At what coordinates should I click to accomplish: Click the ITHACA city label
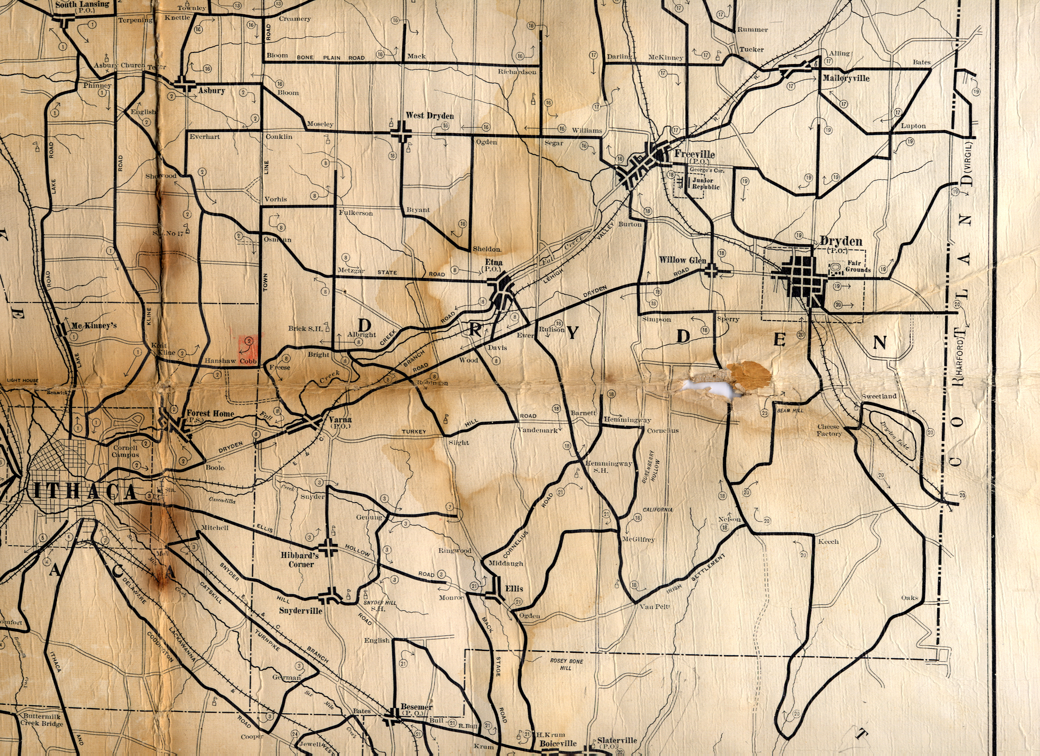click(x=85, y=492)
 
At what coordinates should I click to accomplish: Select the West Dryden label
click(x=430, y=116)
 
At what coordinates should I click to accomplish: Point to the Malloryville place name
click(x=846, y=78)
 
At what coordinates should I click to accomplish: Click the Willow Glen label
click(x=682, y=260)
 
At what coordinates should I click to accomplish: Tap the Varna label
click(x=340, y=419)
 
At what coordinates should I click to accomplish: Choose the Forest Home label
click(x=210, y=413)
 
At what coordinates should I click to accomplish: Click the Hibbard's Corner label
click(x=300, y=559)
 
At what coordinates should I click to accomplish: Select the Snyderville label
click(x=300, y=611)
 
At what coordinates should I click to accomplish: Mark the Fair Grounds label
click(x=857, y=266)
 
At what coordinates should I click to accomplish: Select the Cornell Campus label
click(x=125, y=451)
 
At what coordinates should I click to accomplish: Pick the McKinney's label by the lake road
click(x=93, y=326)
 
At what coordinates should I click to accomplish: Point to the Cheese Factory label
click(x=829, y=430)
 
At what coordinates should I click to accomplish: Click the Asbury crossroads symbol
click(x=185, y=85)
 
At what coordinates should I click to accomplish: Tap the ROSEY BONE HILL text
click(x=566, y=664)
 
